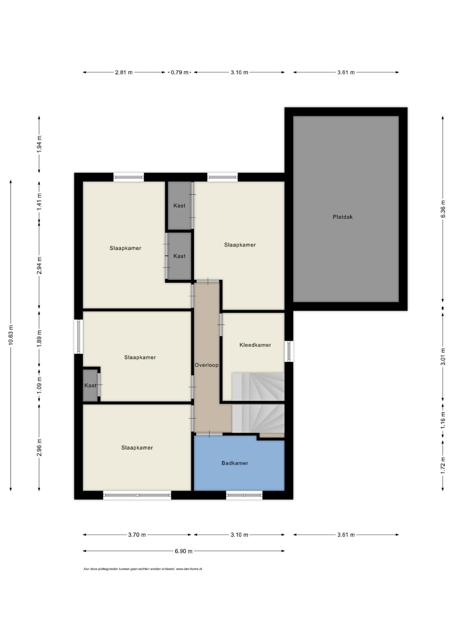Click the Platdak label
click(x=343, y=217)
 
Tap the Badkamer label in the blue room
click(x=234, y=463)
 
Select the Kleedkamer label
click(x=255, y=345)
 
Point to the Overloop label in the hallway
click(x=206, y=365)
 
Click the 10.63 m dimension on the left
click(x=11, y=335)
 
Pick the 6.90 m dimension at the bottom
click(x=183, y=551)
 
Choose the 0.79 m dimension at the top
click(x=180, y=73)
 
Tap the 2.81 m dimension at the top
click(x=124, y=73)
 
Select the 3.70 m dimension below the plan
click(x=137, y=534)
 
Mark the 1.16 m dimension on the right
click(x=443, y=420)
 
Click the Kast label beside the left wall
click(x=90, y=386)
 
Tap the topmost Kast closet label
click(x=179, y=206)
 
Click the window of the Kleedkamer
click(x=289, y=351)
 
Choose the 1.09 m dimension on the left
click(x=39, y=385)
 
